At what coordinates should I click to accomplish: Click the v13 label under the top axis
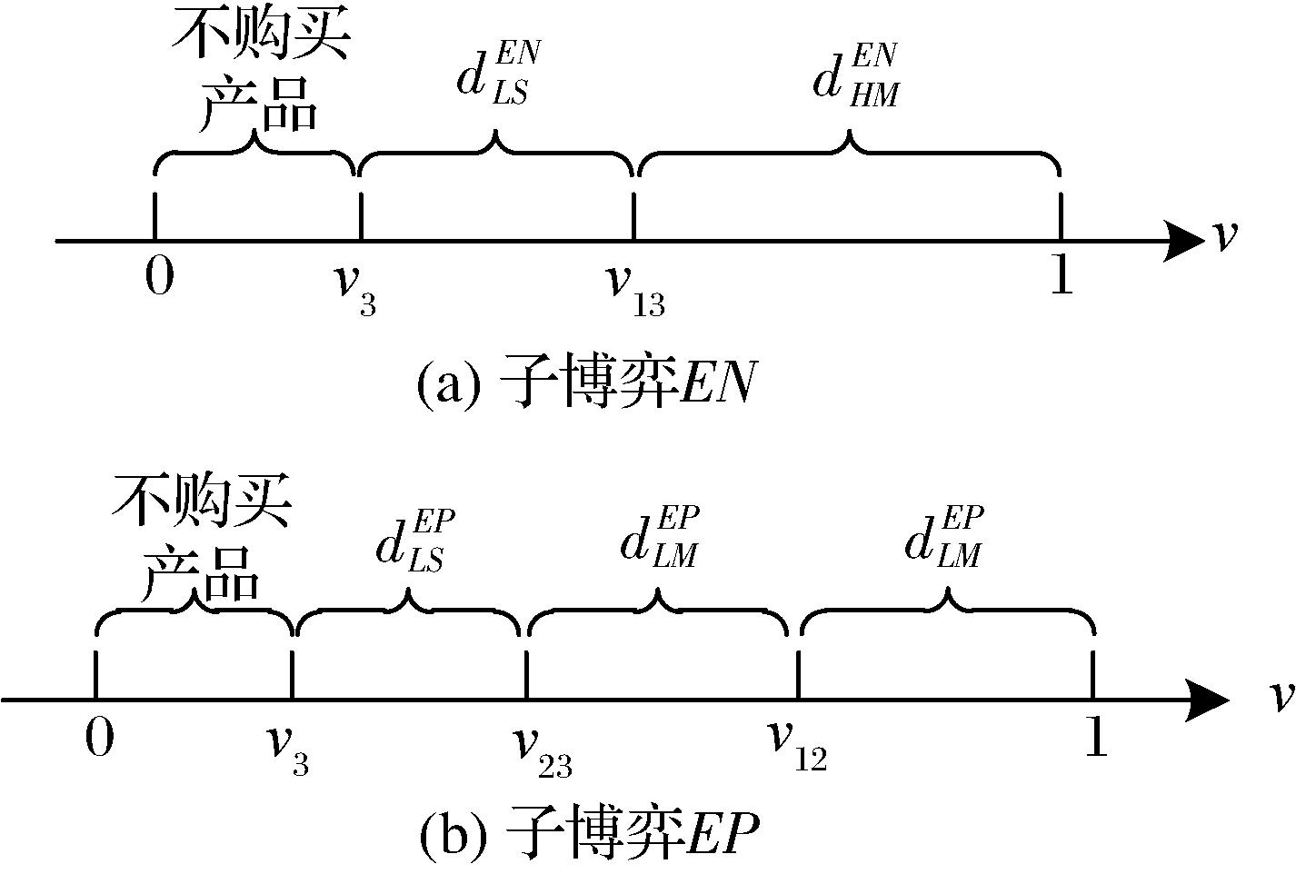click(636, 290)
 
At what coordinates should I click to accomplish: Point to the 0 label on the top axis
click(159, 276)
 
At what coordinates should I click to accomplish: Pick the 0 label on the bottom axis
click(100, 738)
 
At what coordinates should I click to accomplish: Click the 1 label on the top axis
click(1061, 276)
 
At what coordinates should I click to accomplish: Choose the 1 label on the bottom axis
click(1097, 738)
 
